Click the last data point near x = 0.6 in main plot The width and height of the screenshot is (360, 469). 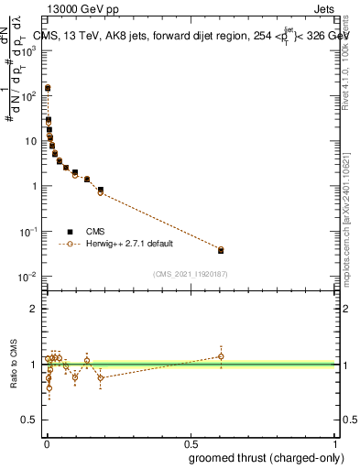[x=221, y=249]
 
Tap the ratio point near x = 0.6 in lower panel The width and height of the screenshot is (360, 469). [x=221, y=356]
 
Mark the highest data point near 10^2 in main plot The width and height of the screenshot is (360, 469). [x=48, y=88]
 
